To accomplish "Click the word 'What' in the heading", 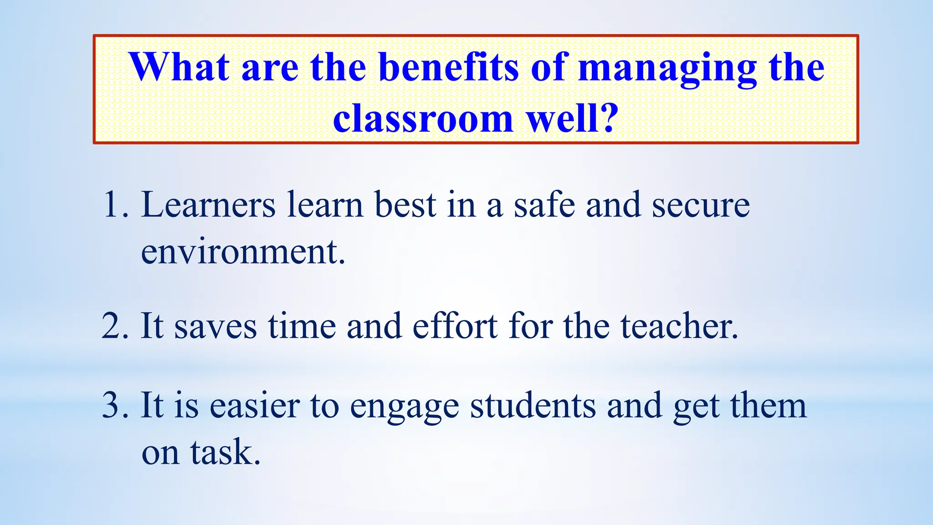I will (179, 67).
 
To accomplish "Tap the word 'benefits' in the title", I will (448, 67).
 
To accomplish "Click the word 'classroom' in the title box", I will (423, 118).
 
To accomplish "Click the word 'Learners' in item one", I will (208, 205).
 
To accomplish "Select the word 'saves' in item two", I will (215, 327).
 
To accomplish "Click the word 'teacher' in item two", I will (675, 326).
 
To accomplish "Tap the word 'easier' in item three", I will (254, 405).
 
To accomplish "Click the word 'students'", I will (533, 405).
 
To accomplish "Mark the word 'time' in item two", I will (302, 326).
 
